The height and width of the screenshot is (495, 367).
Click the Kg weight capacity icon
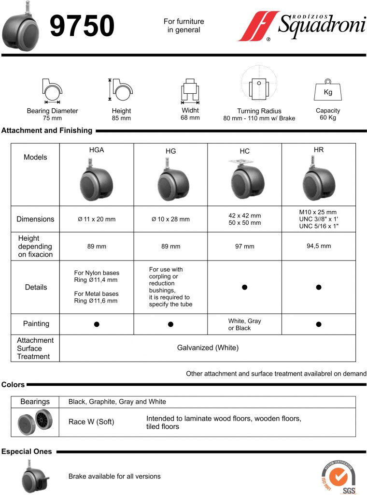click(328, 90)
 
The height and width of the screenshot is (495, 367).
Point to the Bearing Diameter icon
click(52, 90)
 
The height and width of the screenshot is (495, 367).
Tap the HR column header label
click(319, 150)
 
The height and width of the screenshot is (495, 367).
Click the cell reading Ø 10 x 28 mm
click(170, 219)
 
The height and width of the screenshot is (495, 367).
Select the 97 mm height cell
click(245, 247)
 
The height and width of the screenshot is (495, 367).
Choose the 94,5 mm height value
click(319, 246)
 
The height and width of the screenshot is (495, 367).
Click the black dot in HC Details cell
click(245, 287)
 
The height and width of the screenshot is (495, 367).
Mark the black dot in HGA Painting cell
click(97, 324)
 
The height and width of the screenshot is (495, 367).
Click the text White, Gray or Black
click(245, 324)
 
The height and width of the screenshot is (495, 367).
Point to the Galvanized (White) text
click(208, 348)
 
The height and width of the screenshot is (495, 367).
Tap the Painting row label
click(36, 323)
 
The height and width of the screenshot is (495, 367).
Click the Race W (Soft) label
click(91, 422)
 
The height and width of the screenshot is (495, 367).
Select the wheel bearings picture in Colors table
click(35, 422)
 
